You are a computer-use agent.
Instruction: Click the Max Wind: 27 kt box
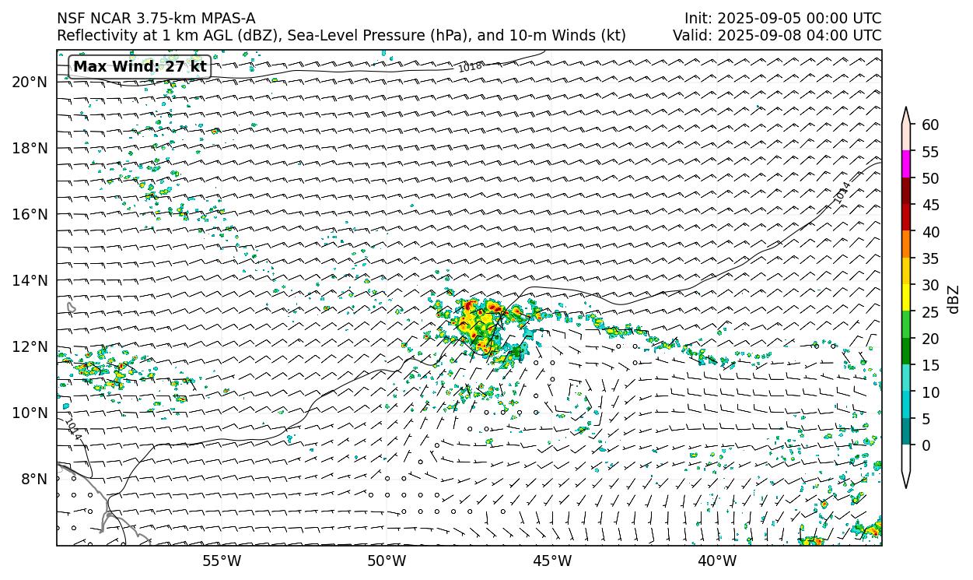coord(140,67)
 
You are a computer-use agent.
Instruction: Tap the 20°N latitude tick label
coord(31,82)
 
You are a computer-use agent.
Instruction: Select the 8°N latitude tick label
coord(35,479)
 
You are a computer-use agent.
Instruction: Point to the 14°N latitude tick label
coord(31,280)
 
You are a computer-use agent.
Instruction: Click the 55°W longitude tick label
coord(222,561)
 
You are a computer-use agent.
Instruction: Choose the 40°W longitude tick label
coord(717,561)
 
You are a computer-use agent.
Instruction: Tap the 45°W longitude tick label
coord(552,561)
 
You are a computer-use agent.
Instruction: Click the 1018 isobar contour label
coord(470,68)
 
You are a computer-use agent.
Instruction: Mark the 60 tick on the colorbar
coord(929,125)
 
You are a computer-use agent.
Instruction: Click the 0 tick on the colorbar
coord(925,446)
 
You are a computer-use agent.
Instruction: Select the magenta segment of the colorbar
coord(905,164)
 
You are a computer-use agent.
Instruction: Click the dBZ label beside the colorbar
coord(954,299)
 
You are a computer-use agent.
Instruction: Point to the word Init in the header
coord(698,18)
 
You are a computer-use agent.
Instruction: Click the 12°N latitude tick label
coord(31,346)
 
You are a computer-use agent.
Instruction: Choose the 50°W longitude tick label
coord(387,561)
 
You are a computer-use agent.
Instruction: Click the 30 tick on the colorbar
coord(929,285)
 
